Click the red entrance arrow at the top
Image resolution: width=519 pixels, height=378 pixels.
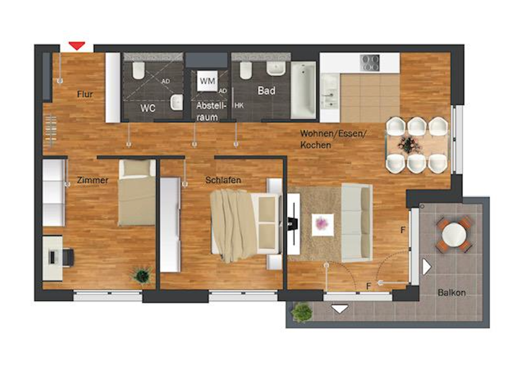[x=77, y=46]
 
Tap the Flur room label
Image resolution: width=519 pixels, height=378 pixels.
[x=84, y=94]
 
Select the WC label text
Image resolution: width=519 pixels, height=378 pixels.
[x=148, y=107]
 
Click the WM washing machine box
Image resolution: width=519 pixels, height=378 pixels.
[x=207, y=80]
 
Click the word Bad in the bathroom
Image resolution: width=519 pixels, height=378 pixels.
[x=266, y=90]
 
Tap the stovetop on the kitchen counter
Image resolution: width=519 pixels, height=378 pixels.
[x=370, y=63]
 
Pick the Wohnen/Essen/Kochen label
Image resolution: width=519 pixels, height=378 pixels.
[x=333, y=139]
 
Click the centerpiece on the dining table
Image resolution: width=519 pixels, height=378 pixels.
[x=409, y=144]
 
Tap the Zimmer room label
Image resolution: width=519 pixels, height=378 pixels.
[x=93, y=180]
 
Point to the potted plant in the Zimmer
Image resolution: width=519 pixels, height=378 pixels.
[x=142, y=275]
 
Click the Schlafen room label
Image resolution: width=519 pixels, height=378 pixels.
[x=223, y=180]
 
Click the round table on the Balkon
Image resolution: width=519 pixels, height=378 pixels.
[x=453, y=235]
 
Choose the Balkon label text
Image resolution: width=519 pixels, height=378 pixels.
[x=451, y=292]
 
